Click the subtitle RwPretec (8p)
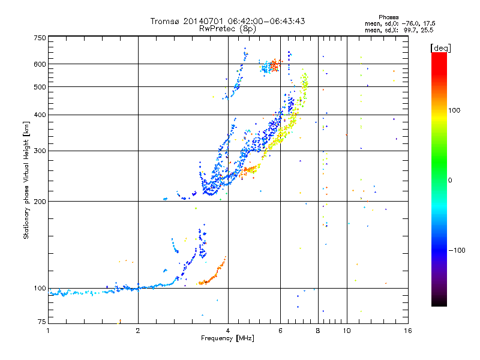pyautogui.click(x=227, y=29)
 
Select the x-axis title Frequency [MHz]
pyautogui.click(x=227, y=338)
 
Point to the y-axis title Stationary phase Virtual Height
pyautogui.click(x=26, y=180)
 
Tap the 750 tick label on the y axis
pyautogui.click(x=40, y=38)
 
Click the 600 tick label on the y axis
pyautogui.click(x=40, y=64)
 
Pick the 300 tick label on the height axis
pyautogui.click(x=40, y=151)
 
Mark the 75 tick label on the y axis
pyautogui.click(x=42, y=322)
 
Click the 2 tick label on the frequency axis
pyautogui.click(x=138, y=331)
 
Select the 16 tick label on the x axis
pyautogui.click(x=408, y=331)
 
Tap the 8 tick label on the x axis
pyautogui.click(x=318, y=331)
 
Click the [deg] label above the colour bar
pyautogui.click(x=440, y=49)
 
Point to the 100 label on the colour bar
pyautogui.click(x=454, y=110)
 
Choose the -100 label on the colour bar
pyautogui.click(x=457, y=250)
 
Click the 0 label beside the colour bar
pyautogui.click(x=450, y=181)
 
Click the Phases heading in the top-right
pyautogui.click(x=388, y=17)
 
